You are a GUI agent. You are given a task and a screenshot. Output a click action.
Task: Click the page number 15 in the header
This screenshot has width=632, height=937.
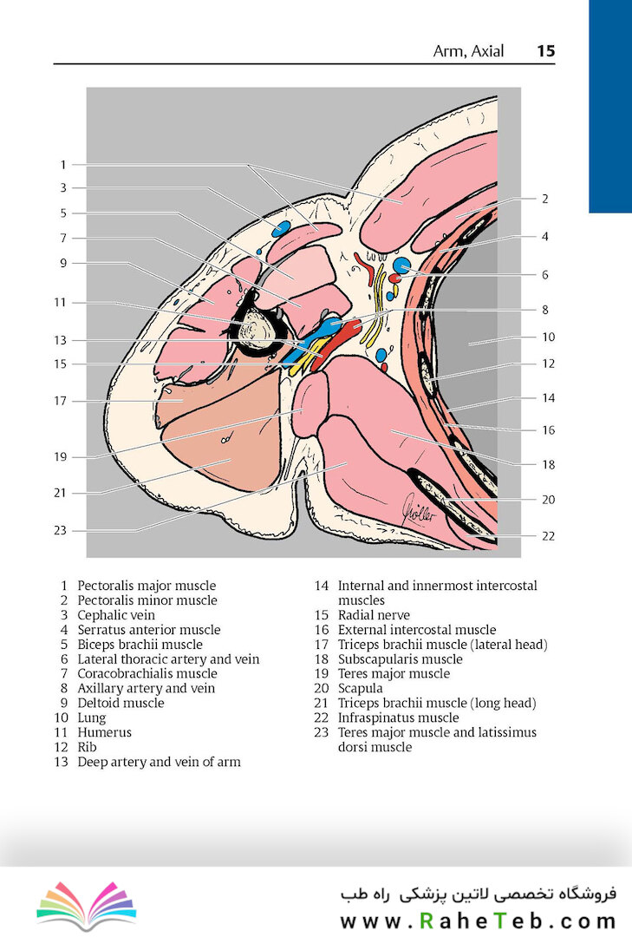click(546, 51)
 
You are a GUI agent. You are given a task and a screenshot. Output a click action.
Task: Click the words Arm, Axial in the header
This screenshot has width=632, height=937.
click(468, 51)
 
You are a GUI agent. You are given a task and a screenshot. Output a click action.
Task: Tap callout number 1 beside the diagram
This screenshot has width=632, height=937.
click(63, 164)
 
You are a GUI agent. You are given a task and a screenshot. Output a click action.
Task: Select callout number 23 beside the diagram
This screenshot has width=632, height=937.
click(60, 530)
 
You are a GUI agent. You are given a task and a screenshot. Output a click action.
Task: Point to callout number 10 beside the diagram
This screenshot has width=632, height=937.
click(549, 337)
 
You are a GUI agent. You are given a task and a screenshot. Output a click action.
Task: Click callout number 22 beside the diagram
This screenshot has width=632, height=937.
click(549, 536)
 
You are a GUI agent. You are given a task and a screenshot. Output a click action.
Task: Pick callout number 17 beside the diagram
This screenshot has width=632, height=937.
click(60, 401)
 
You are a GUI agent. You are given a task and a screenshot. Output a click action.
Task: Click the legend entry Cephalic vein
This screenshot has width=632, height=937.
click(116, 615)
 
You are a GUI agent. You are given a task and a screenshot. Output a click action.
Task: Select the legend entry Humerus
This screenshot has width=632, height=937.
click(105, 732)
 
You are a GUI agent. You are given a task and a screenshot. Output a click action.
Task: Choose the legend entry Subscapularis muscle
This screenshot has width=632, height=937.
click(401, 659)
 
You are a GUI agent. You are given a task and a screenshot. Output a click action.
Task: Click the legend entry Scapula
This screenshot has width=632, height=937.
click(360, 688)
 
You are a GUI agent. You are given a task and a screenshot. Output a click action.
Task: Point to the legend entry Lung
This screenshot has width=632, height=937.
click(91, 717)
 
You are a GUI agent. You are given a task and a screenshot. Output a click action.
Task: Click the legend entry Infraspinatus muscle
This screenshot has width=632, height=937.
click(399, 717)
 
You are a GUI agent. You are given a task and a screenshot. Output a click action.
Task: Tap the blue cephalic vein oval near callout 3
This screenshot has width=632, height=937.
click(281, 227)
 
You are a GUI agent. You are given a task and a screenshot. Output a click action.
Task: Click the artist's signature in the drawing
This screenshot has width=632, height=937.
click(420, 510)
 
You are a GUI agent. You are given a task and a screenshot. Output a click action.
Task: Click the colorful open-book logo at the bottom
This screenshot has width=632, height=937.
click(87, 905)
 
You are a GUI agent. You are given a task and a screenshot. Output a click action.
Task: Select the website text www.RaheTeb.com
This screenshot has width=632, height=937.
click(478, 921)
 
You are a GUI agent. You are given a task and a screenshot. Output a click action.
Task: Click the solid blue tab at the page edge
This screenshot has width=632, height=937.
click(610, 107)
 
